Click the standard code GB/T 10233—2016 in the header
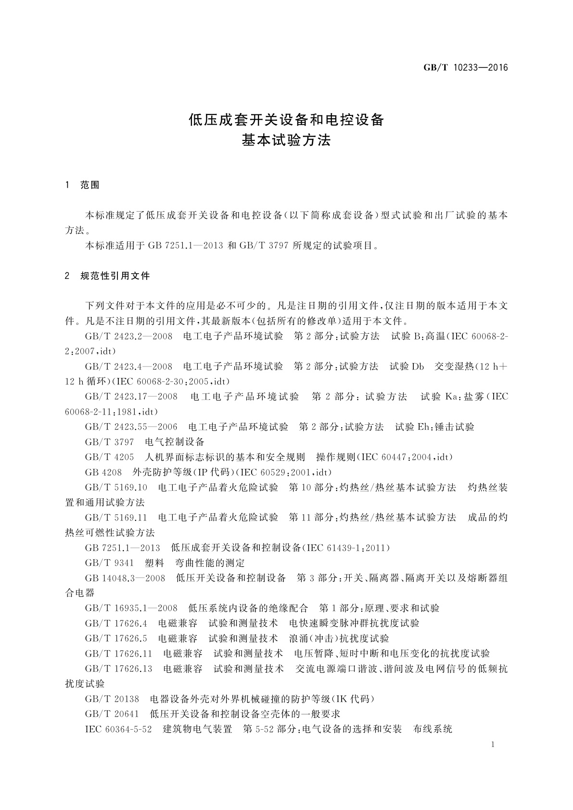point(465,67)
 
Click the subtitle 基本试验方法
point(286,141)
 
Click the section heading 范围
point(90,185)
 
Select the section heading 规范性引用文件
point(115,276)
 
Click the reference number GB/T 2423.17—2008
point(131,397)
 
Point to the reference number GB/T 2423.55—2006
point(131,427)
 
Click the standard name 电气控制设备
point(175,442)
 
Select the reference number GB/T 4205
point(109,457)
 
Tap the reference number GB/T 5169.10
point(116,487)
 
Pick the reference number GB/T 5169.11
point(116,518)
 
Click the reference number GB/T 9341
point(109,563)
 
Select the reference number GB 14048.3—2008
point(125,578)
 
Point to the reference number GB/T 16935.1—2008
point(131,608)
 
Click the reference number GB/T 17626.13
point(118,669)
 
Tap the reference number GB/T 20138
point(112,699)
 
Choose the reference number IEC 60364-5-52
point(118,729)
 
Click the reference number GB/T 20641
point(112,714)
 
